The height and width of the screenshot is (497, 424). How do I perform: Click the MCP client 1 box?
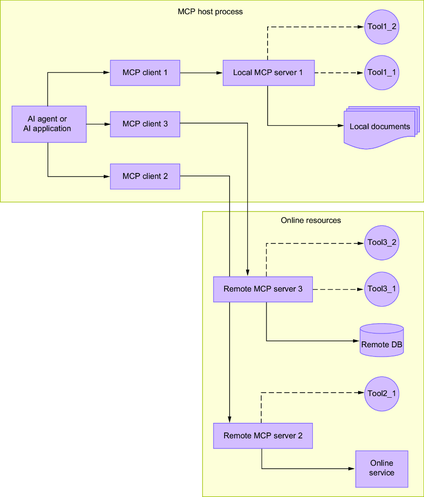tap(145, 73)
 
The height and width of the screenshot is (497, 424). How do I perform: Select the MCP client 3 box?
tap(145, 124)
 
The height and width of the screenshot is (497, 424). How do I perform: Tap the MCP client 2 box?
tap(145, 177)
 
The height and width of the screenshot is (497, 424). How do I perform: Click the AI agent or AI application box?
tap(49, 124)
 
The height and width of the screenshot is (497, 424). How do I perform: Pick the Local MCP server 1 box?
tap(269, 73)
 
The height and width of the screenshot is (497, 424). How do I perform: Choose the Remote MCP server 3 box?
tap(263, 289)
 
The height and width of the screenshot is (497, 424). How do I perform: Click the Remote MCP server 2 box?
tap(263, 436)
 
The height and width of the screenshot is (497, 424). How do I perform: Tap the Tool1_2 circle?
tap(382, 27)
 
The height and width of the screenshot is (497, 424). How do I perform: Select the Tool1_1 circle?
tap(382, 73)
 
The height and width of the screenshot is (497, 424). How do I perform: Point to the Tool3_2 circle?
tap(382, 243)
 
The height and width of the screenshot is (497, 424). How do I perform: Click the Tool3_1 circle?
tap(382, 289)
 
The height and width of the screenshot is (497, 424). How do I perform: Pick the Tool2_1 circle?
tap(382, 394)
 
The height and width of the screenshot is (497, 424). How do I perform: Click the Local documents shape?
tap(381, 127)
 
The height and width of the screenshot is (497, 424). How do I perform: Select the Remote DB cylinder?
tap(382, 340)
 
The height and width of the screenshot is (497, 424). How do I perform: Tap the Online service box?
tap(382, 469)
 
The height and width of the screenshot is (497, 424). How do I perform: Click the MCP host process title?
tap(210, 12)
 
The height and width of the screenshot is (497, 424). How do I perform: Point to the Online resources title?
tap(311, 220)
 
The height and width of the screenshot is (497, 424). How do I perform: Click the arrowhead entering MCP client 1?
tap(107, 73)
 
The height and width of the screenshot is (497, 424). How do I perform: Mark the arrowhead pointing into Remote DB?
tap(356, 341)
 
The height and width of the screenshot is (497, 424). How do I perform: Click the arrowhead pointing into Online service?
tap(352, 469)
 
